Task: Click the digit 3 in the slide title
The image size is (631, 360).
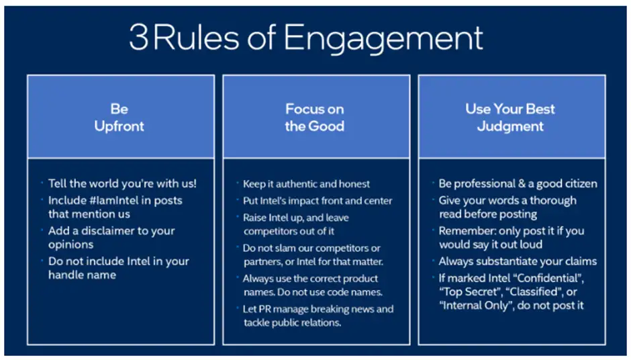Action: (x=138, y=38)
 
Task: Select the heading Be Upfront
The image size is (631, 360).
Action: (x=119, y=117)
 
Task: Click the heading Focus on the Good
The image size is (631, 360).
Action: (x=315, y=117)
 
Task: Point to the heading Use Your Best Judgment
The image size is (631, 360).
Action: (x=510, y=117)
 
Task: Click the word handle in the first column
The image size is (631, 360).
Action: (x=66, y=275)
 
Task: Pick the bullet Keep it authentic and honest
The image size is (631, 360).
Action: (x=306, y=183)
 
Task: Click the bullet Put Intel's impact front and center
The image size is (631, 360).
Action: (x=318, y=200)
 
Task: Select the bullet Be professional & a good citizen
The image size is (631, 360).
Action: (x=518, y=183)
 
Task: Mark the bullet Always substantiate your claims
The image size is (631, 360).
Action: (x=518, y=261)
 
